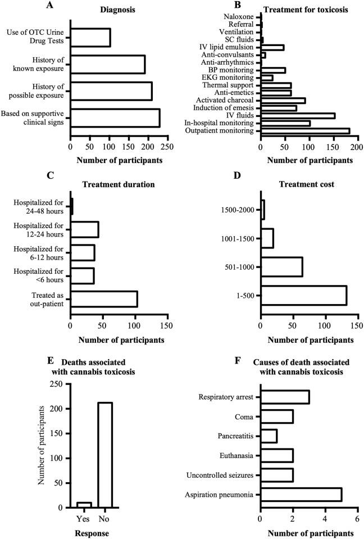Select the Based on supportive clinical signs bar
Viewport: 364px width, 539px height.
[x=115, y=118]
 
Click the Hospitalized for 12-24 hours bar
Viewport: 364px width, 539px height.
[x=84, y=229]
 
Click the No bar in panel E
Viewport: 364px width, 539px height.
[x=104, y=455]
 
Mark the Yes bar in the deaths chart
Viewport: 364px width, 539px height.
[x=84, y=504]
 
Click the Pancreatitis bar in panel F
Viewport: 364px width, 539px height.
[x=269, y=436]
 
